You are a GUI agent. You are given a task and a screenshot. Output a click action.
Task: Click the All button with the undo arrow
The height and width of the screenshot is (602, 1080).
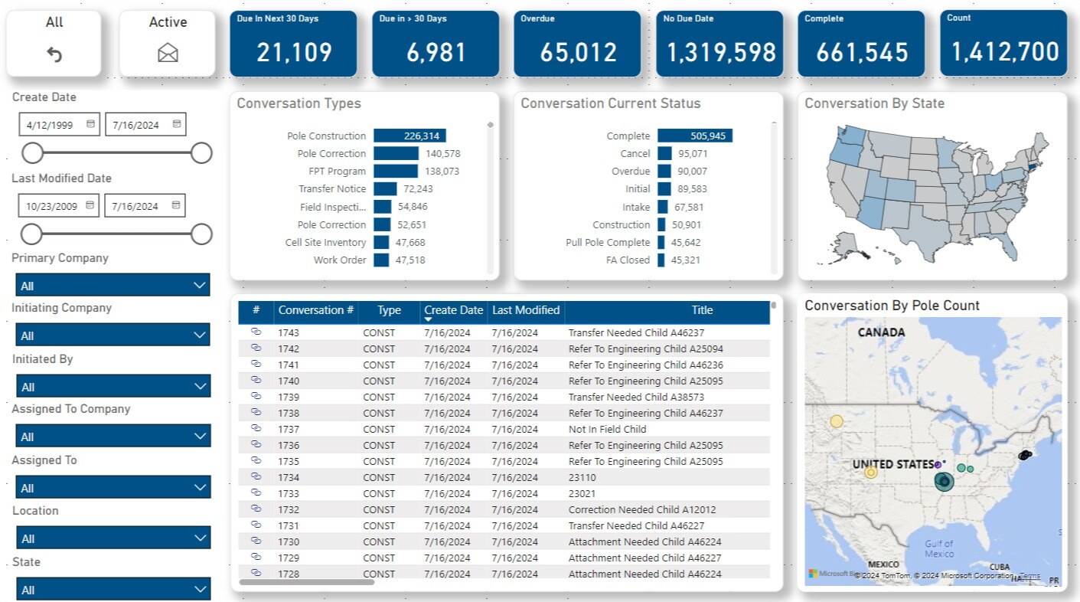pos(54,43)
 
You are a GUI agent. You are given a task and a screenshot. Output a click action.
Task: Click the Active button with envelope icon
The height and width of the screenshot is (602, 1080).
pos(168,43)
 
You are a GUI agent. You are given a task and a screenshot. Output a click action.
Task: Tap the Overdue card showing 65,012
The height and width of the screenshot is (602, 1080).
pos(577,44)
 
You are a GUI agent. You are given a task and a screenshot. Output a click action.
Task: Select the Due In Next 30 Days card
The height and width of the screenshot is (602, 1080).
pos(293,44)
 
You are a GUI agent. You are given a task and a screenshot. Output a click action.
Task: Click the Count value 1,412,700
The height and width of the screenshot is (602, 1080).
pos(1004,52)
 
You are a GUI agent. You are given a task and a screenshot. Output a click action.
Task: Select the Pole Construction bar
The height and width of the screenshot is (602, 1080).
pos(409,136)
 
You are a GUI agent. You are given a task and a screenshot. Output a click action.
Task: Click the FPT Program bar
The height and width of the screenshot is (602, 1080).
pos(396,172)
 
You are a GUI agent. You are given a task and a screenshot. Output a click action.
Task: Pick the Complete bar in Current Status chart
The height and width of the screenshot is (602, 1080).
pos(694,136)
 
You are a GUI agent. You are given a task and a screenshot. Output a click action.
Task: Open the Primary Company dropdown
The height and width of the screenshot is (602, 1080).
pos(113,286)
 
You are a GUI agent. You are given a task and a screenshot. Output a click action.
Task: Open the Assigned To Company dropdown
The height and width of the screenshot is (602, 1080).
pos(113,437)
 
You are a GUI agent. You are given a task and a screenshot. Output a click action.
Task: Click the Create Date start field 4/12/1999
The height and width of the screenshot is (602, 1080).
pos(59,124)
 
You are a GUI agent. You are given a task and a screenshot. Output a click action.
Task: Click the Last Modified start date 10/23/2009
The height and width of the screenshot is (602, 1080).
pos(59,205)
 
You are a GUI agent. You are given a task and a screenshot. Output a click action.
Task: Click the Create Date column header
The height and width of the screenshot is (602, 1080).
pos(453,310)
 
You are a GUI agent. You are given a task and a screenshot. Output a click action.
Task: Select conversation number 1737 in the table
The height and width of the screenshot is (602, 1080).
pos(289,429)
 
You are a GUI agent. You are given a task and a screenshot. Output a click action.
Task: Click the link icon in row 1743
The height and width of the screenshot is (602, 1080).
pos(256,332)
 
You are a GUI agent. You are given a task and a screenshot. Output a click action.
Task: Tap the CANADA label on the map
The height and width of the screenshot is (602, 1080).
pos(881,332)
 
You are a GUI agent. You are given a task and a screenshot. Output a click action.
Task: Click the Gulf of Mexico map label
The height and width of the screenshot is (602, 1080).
pos(938,548)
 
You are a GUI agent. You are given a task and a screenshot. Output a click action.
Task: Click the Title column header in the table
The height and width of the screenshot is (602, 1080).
pos(701,310)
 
